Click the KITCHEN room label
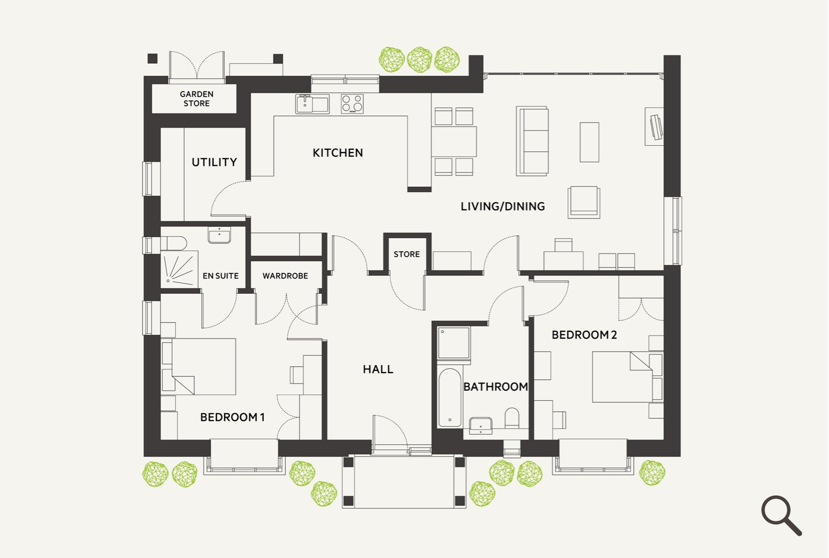click(x=337, y=153)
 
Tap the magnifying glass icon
click(x=781, y=515)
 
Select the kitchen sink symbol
click(x=312, y=104)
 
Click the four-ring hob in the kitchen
click(x=352, y=104)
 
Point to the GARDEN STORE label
click(x=196, y=99)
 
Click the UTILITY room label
click(x=214, y=162)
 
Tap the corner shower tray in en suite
click(x=179, y=269)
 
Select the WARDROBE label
click(x=285, y=276)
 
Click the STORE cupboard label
click(x=406, y=254)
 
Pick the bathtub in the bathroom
click(x=450, y=398)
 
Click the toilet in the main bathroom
click(x=512, y=418)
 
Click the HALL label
click(x=378, y=369)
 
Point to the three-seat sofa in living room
click(x=533, y=141)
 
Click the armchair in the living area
click(x=584, y=202)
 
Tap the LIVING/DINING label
click(x=503, y=206)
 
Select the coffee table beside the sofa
click(x=589, y=142)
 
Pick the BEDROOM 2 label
click(x=584, y=335)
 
